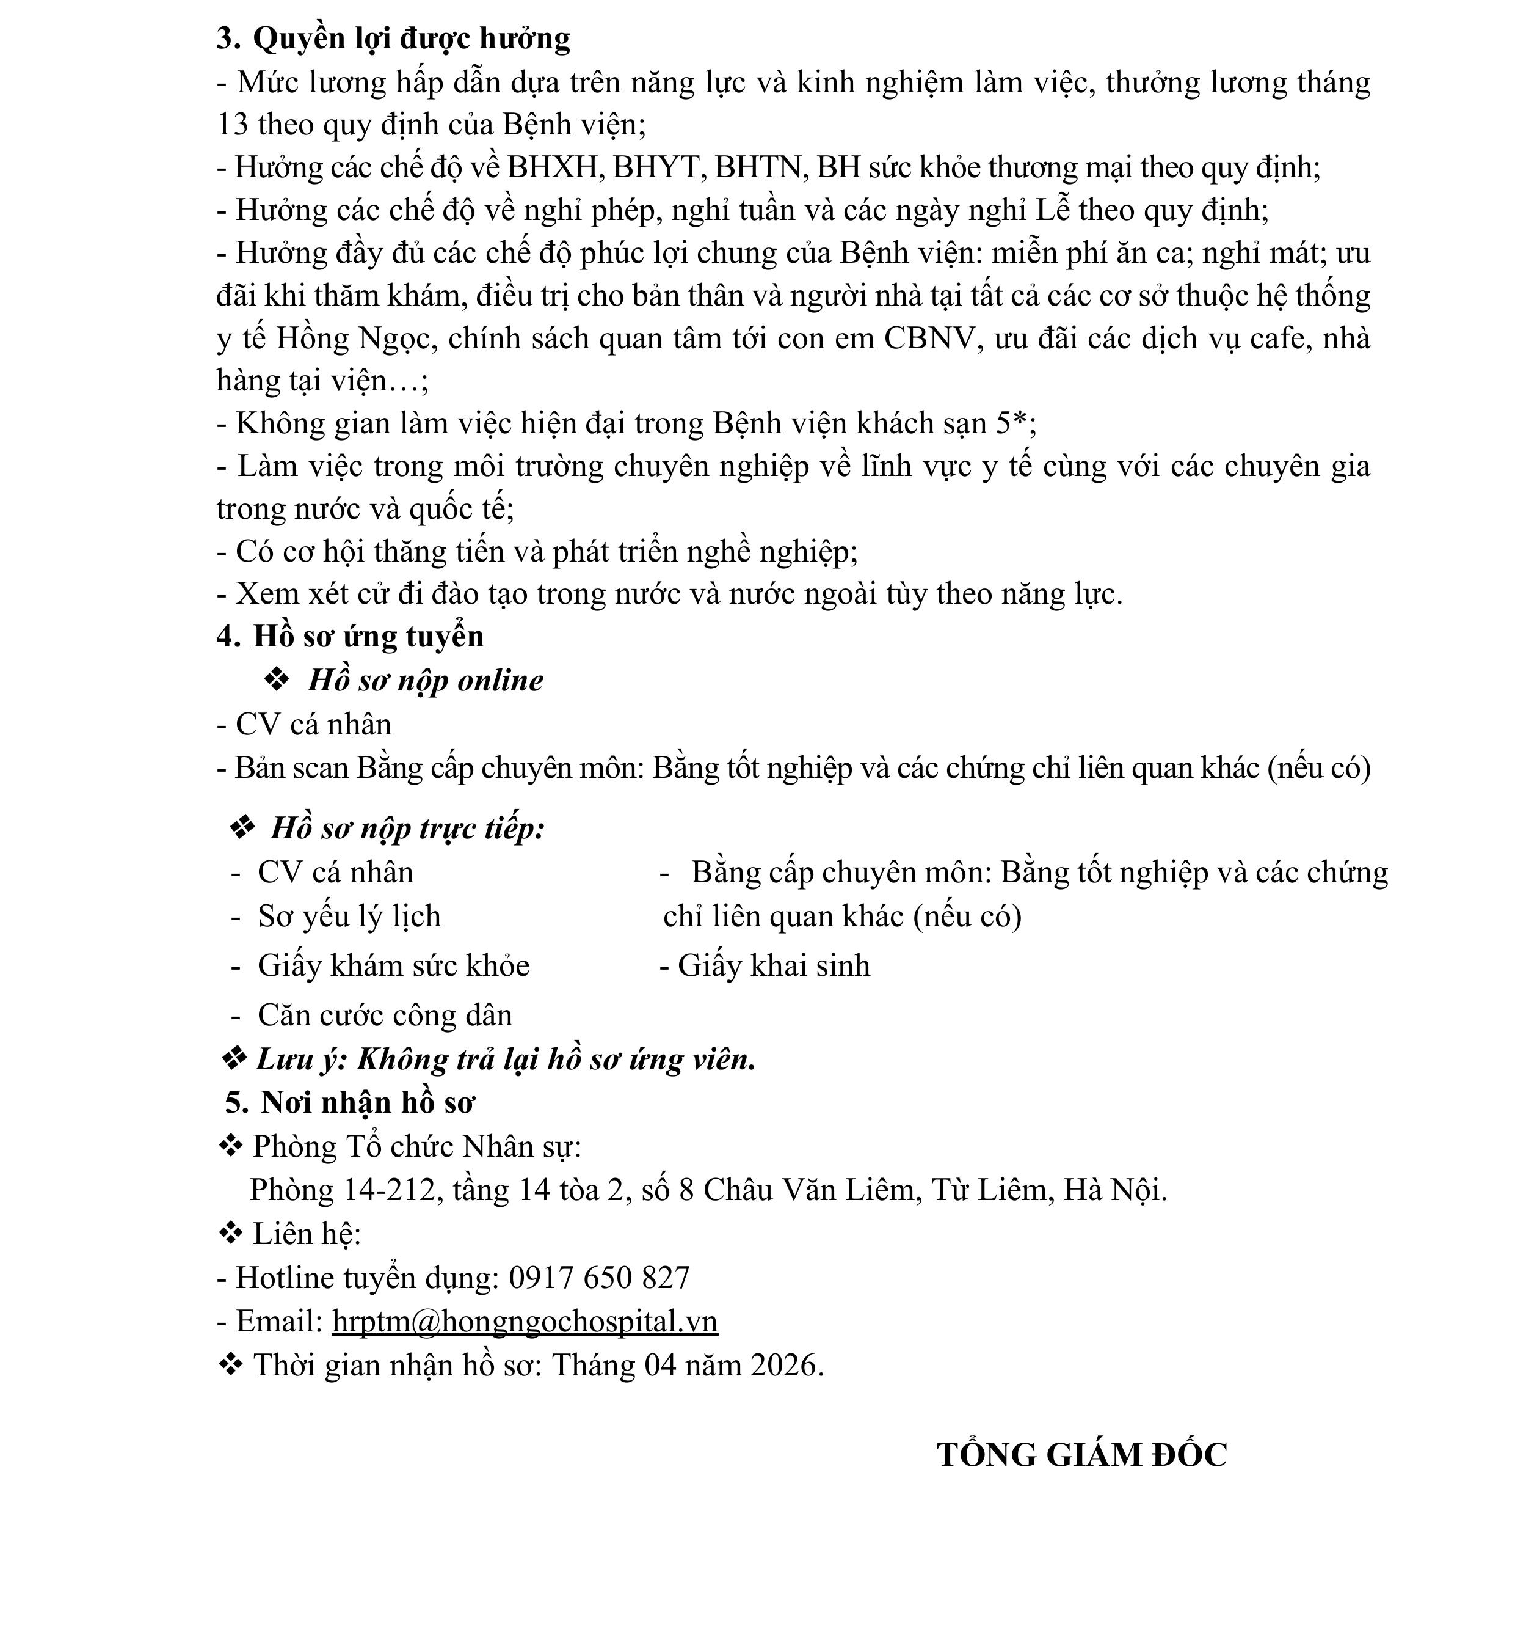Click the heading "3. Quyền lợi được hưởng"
393,38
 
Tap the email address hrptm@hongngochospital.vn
525,1321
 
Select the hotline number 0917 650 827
599,1277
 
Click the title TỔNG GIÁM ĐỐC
1081,1455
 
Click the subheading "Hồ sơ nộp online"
424,681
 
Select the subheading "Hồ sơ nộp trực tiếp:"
407,829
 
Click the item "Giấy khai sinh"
773,966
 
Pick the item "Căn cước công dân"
385,1016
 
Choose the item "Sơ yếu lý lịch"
349,916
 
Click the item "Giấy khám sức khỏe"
393,966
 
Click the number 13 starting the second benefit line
232,125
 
